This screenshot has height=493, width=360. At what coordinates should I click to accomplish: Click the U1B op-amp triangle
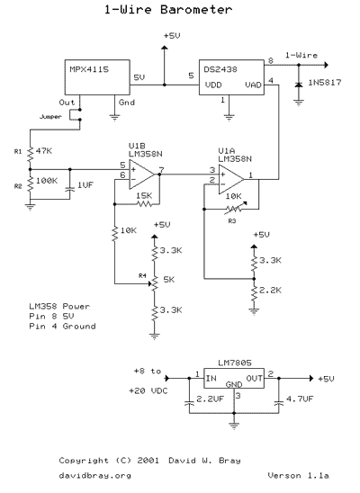[x=141, y=175]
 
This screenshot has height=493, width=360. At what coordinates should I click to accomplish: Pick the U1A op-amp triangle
[x=231, y=180]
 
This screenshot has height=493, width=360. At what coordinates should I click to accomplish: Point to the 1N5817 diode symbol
[x=299, y=85]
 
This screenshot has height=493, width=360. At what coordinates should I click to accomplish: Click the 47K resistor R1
[x=31, y=154]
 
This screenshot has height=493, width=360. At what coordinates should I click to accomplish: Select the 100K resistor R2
[x=31, y=184]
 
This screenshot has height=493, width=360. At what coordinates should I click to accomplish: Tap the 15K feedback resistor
[x=145, y=204]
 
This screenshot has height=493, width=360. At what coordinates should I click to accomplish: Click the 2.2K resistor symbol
[x=254, y=293]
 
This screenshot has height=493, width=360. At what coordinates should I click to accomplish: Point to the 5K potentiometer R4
[x=154, y=283]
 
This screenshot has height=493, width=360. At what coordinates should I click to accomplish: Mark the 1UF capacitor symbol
[x=70, y=190]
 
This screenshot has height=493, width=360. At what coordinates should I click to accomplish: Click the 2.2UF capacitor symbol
[x=189, y=403]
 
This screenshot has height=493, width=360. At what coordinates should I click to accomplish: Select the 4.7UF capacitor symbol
[x=279, y=403]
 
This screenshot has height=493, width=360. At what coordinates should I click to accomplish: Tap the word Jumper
[x=50, y=117]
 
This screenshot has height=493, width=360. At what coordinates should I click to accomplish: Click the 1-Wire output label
[x=301, y=56]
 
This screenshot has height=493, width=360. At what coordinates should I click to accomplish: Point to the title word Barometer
[x=196, y=9]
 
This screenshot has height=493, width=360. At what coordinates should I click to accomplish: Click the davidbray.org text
[x=95, y=476]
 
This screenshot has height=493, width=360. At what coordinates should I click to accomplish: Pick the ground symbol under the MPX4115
[x=115, y=118]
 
